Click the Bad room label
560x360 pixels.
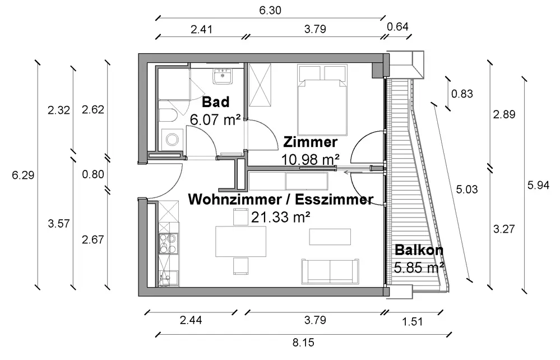click(x=215, y=102)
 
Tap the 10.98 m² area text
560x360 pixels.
click(x=310, y=159)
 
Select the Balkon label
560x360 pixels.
click(x=419, y=250)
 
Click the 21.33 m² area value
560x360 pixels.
click(x=280, y=217)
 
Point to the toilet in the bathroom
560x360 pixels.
click(x=168, y=116)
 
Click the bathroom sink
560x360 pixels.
click(x=223, y=76)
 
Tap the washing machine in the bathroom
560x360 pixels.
click(x=173, y=140)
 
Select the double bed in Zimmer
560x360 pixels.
click(x=322, y=100)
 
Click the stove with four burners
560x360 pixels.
click(x=168, y=243)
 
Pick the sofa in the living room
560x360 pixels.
click(x=330, y=272)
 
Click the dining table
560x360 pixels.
click(x=240, y=241)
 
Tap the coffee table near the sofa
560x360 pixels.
click(x=330, y=237)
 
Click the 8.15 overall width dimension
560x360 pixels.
click(x=303, y=343)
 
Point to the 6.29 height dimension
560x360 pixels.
click(x=23, y=175)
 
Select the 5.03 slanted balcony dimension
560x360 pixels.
click(x=466, y=189)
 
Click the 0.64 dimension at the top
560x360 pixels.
click(x=397, y=27)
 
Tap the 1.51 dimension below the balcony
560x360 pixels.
click(x=413, y=321)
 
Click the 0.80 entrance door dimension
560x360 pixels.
click(x=93, y=174)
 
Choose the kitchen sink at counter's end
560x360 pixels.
click(x=168, y=278)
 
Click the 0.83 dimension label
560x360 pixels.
click(x=462, y=94)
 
